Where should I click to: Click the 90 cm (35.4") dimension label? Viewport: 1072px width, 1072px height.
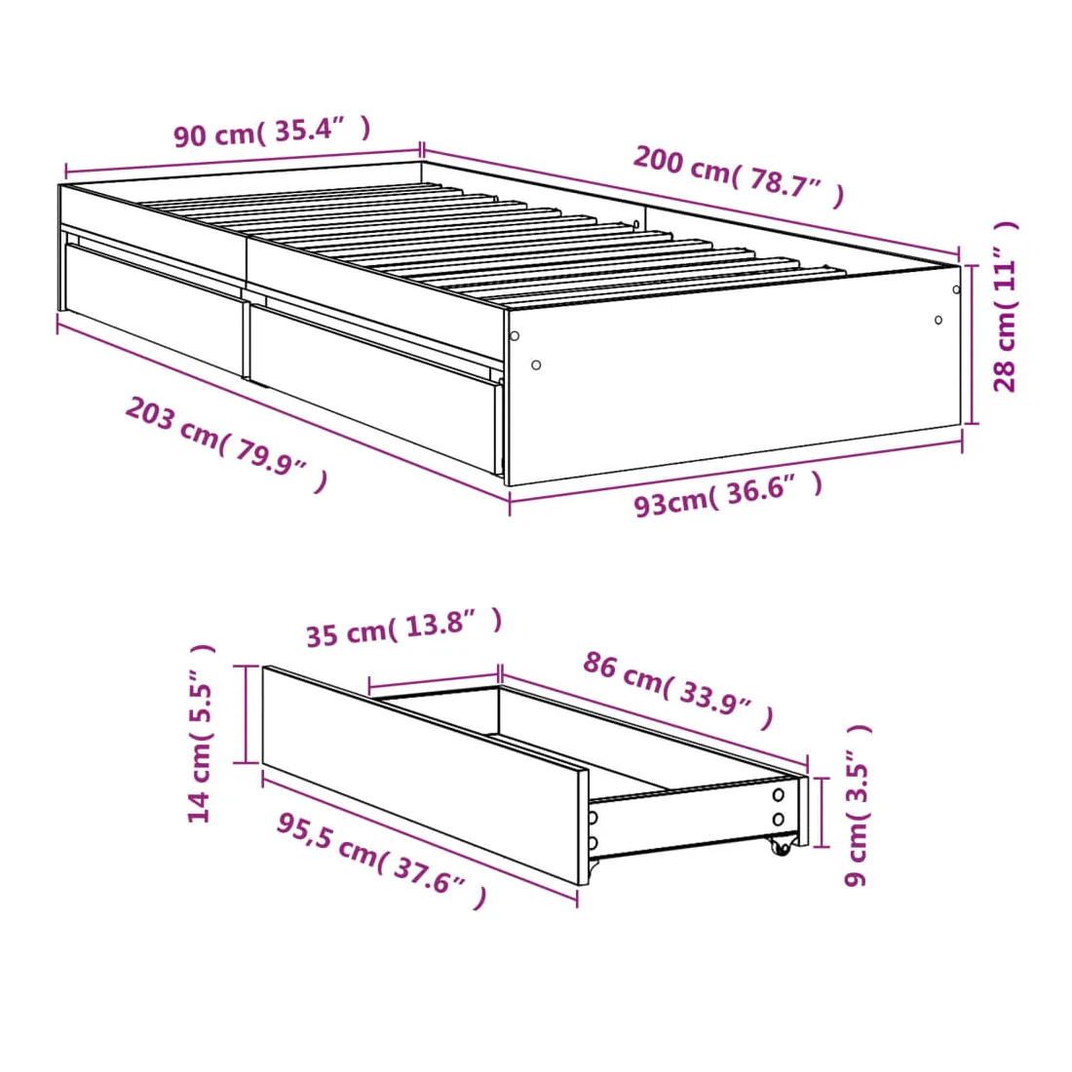pyautogui.click(x=272, y=131)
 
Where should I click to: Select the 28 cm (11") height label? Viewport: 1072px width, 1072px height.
pyautogui.click(x=1006, y=306)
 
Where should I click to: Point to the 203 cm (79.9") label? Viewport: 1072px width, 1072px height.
pyautogui.click(x=227, y=444)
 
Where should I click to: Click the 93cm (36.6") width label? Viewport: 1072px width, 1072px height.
pyautogui.click(x=728, y=495)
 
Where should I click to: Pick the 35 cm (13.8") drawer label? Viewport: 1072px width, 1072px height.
pyautogui.click(x=404, y=628)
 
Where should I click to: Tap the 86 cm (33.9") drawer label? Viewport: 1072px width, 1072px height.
pyautogui.click(x=678, y=691)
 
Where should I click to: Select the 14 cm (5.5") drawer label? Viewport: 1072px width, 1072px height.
pyautogui.click(x=201, y=734)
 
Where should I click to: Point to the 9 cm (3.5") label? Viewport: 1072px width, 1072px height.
pyautogui.click(x=858, y=805)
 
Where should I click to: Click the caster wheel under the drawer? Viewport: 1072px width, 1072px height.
pyautogui.click(x=780, y=846)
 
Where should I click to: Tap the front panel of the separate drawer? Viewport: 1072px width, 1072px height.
pyautogui.click(x=425, y=776)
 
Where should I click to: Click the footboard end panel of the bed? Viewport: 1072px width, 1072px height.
pyautogui.click(x=734, y=375)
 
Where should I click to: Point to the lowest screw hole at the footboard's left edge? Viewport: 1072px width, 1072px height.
pyautogui.click(x=536, y=365)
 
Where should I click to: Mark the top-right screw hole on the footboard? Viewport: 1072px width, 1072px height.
pyautogui.click(x=956, y=289)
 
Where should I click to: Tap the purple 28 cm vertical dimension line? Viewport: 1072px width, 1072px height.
pyautogui.click(x=973, y=344)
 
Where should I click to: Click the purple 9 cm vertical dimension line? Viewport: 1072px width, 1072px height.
pyautogui.click(x=822, y=812)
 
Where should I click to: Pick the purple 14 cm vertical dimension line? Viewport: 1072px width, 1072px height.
pyautogui.click(x=244, y=713)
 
